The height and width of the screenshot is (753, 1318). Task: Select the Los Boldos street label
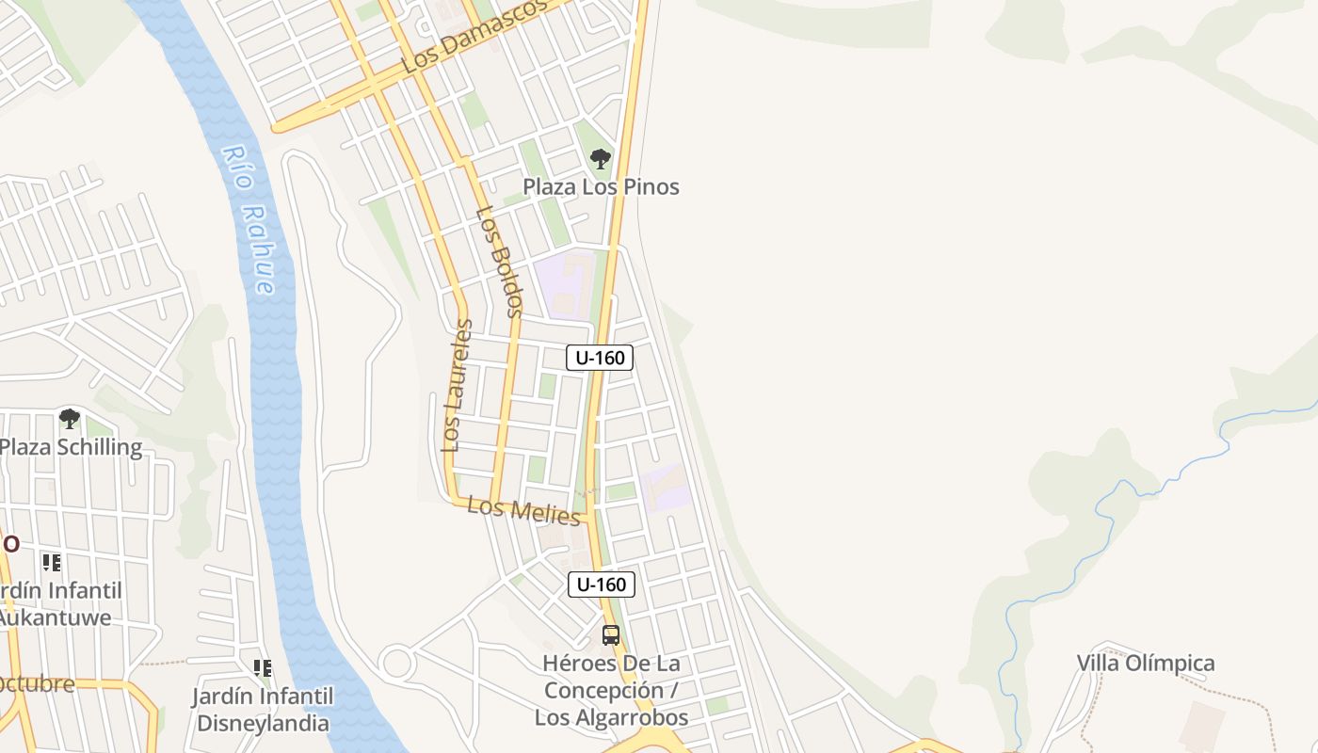coord(499,261)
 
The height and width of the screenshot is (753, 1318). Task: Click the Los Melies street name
coord(524,511)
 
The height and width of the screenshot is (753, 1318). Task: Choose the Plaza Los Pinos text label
coord(601,186)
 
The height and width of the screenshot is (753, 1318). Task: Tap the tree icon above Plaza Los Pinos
coord(601,158)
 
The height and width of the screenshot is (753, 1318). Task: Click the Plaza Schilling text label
coord(72,446)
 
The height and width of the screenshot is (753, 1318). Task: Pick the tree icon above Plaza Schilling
coord(70,418)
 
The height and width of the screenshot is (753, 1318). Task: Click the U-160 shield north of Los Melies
coord(600,358)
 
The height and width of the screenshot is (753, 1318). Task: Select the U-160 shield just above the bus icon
coord(602,585)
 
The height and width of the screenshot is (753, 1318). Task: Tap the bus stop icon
coord(611,635)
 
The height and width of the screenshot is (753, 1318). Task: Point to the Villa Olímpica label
coord(1146,663)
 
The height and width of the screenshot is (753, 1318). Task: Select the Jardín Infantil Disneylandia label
coord(263,710)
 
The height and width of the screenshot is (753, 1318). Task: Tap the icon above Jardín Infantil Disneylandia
coord(263,668)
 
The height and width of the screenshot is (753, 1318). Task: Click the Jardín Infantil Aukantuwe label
coord(60,604)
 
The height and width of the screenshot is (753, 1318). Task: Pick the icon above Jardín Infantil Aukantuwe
coord(52,563)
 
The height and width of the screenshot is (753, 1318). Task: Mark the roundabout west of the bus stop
coord(397,663)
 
